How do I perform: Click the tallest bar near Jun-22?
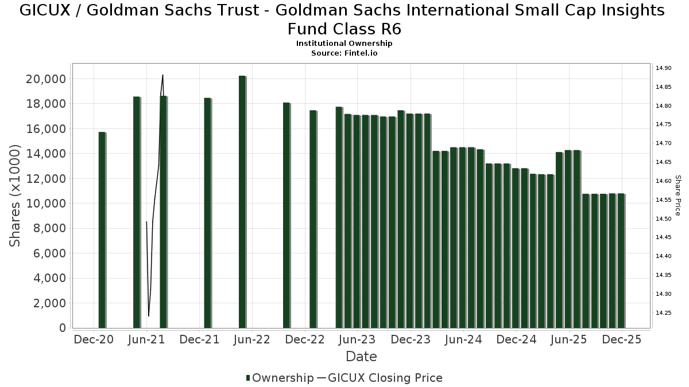point(242,201)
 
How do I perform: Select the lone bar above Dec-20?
point(102,229)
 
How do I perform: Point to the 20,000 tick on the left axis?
point(46,79)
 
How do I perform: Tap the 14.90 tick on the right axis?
point(663,68)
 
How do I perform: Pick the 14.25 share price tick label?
point(663,313)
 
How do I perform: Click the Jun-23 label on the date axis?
point(357,339)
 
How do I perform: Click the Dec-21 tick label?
point(199,339)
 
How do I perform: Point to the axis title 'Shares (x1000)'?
point(15,196)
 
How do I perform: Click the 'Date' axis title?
point(361,357)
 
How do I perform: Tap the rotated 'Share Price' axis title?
point(678,196)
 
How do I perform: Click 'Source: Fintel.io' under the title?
point(344,53)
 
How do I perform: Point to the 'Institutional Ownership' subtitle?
point(344,44)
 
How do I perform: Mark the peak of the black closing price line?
point(162,75)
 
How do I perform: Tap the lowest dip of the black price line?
point(149,316)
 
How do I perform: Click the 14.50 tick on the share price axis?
point(663,219)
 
